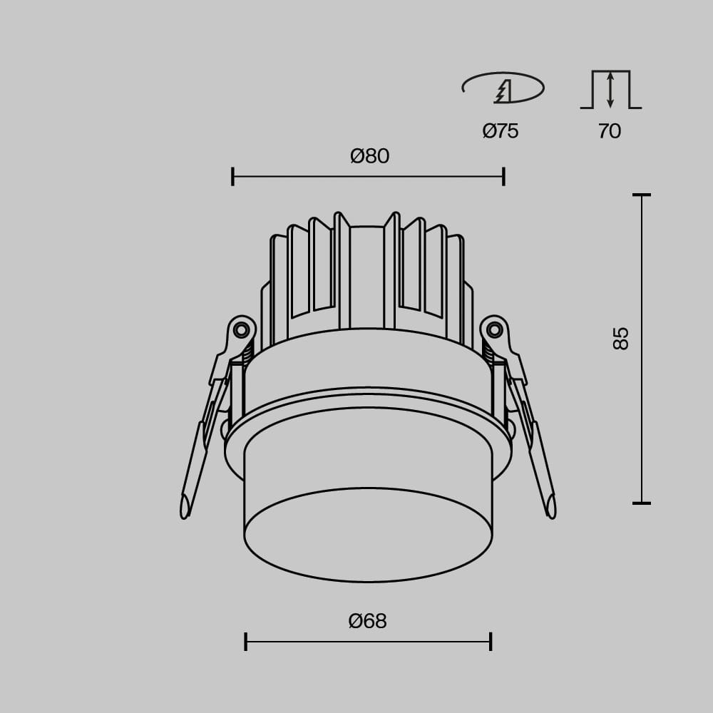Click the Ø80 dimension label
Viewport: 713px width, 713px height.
click(369, 156)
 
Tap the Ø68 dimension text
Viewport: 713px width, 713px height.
click(367, 621)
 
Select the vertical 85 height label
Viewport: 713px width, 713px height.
click(621, 338)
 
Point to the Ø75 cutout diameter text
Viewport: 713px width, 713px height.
click(501, 131)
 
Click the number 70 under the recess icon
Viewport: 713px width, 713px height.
click(610, 131)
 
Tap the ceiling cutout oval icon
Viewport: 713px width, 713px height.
click(503, 87)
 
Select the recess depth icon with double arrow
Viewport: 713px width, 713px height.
click(611, 90)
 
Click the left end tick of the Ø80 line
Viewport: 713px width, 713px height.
click(233, 176)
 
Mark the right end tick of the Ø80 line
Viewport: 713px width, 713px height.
click(504, 176)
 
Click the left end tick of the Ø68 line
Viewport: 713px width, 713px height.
click(245, 642)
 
